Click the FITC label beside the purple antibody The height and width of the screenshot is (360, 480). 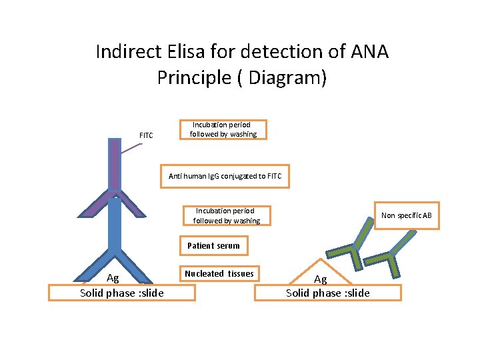(x=146, y=135)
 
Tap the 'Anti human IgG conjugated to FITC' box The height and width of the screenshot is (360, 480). (x=225, y=176)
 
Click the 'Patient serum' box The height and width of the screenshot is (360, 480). (x=213, y=246)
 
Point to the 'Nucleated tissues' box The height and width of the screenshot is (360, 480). (x=219, y=273)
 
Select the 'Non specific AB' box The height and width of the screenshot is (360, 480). (x=406, y=215)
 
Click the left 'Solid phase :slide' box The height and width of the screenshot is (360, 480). (x=122, y=293)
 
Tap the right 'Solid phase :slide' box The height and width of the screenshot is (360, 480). (x=328, y=293)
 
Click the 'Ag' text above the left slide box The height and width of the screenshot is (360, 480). (x=113, y=279)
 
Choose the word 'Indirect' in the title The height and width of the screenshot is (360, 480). (x=125, y=51)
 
